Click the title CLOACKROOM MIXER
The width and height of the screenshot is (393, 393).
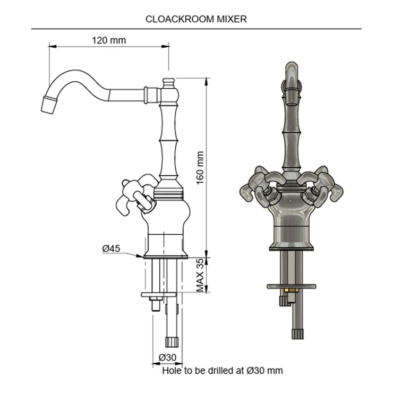(x=196, y=19)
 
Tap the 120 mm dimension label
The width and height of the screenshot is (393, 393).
(x=109, y=40)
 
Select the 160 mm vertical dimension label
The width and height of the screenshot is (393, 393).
(x=200, y=168)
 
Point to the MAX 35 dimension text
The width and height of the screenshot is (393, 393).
(x=200, y=275)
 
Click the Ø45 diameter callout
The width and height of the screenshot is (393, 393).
(x=111, y=249)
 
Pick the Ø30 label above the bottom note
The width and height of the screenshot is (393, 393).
(x=167, y=357)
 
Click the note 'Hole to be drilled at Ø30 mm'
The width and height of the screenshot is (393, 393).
(x=223, y=371)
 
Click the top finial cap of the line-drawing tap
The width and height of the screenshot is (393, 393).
(x=168, y=83)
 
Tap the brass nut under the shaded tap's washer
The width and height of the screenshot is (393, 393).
(x=291, y=291)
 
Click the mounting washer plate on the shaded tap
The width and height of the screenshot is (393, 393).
(x=291, y=286)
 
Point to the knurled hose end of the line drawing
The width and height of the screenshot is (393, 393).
(x=172, y=342)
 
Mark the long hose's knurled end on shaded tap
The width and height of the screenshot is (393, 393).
(x=298, y=334)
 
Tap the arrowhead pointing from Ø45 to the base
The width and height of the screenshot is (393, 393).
(x=139, y=256)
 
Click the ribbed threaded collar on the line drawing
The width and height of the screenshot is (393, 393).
(x=168, y=194)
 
